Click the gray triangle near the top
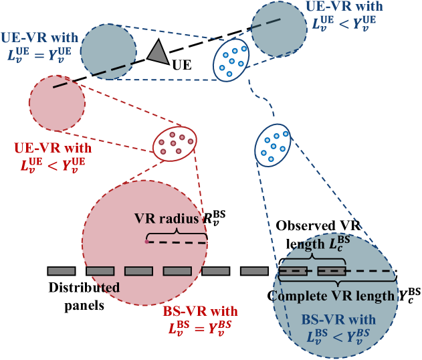[158, 53]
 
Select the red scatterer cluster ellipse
[175, 143]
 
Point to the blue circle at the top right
[278, 29]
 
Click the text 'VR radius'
[167, 219]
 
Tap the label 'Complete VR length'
[334, 296]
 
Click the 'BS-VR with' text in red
[200, 311]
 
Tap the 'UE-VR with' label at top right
[344, 6]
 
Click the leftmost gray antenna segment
[61, 270]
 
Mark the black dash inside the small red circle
[60, 85]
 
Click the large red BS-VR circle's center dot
[146, 242]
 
